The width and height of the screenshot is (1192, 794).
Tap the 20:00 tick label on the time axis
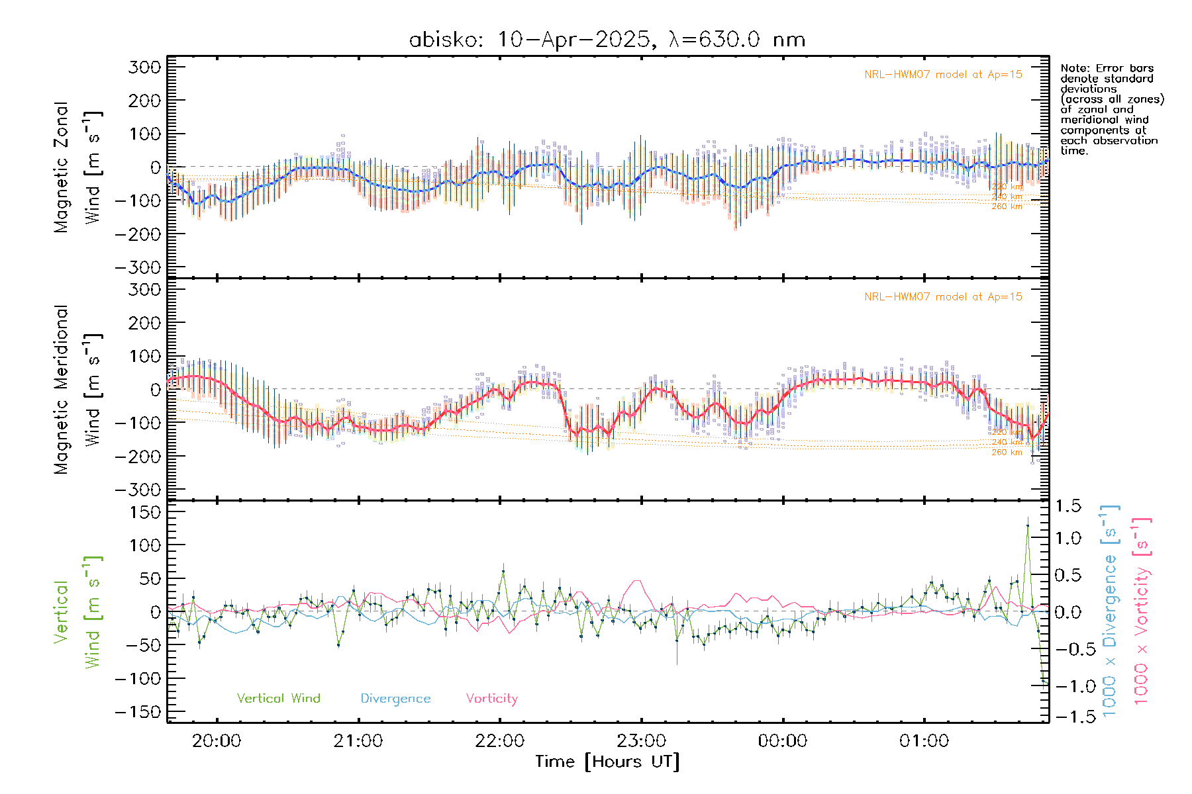(217, 741)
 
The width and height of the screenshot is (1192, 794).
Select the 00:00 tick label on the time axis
(783, 741)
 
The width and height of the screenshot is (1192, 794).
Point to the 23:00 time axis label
(641, 741)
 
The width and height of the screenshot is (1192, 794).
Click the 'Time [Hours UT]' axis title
(607, 762)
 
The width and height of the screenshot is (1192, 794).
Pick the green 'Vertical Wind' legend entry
(278, 698)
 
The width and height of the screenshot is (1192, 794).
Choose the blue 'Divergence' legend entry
(395, 698)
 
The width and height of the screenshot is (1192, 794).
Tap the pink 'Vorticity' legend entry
(491, 698)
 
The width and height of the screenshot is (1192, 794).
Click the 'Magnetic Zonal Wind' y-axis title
(78, 167)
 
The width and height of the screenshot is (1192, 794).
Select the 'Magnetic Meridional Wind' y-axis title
(78, 390)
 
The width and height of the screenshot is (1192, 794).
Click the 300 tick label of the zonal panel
(145, 67)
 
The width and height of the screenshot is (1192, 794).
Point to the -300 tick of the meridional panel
(138, 490)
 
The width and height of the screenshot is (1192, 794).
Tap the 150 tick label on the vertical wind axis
(145, 512)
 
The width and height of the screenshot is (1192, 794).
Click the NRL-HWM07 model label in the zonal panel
(943, 75)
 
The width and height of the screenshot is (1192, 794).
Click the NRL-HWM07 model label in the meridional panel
(943, 297)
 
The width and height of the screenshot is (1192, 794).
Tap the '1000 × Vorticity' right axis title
(1142, 611)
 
